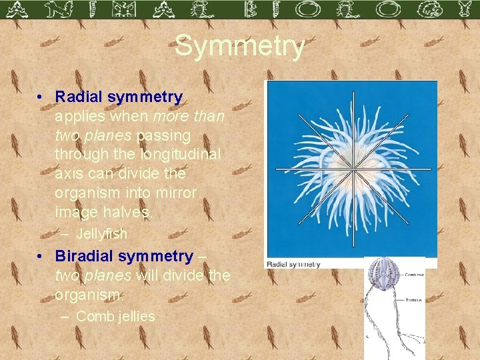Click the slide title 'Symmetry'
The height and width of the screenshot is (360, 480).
[240, 47]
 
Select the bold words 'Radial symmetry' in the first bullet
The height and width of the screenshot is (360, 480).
[119, 97]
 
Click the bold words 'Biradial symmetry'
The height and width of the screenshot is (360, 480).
[124, 256]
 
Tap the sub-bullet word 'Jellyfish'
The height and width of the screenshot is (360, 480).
[101, 234]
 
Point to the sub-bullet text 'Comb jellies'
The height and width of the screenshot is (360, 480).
[115, 316]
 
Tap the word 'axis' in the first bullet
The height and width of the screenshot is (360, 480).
[69, 174]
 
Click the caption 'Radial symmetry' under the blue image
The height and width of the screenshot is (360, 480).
[294, 264]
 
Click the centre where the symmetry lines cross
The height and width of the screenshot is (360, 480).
[351, 168]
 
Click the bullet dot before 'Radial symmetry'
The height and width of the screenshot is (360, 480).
[41, 97]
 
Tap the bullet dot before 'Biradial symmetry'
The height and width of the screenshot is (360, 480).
[41, 257]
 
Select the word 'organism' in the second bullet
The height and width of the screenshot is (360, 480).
[82, 295]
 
